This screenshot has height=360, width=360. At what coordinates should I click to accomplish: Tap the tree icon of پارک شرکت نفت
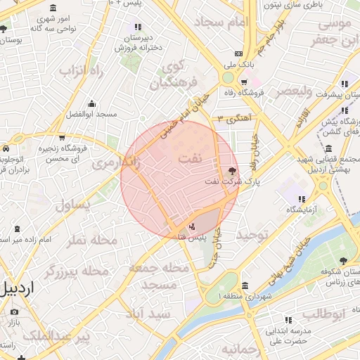233,170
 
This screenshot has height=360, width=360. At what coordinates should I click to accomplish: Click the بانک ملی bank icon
238,53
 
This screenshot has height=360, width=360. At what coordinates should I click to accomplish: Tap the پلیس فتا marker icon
193,226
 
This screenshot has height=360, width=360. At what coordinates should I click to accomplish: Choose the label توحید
253,234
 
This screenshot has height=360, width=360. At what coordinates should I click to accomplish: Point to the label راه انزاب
81,71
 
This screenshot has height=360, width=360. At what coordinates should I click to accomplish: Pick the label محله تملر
91,240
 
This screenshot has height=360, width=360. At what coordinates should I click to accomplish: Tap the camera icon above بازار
14,311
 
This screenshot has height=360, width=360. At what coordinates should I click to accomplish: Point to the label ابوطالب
325,313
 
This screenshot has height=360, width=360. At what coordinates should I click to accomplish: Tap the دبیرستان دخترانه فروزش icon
138,27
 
